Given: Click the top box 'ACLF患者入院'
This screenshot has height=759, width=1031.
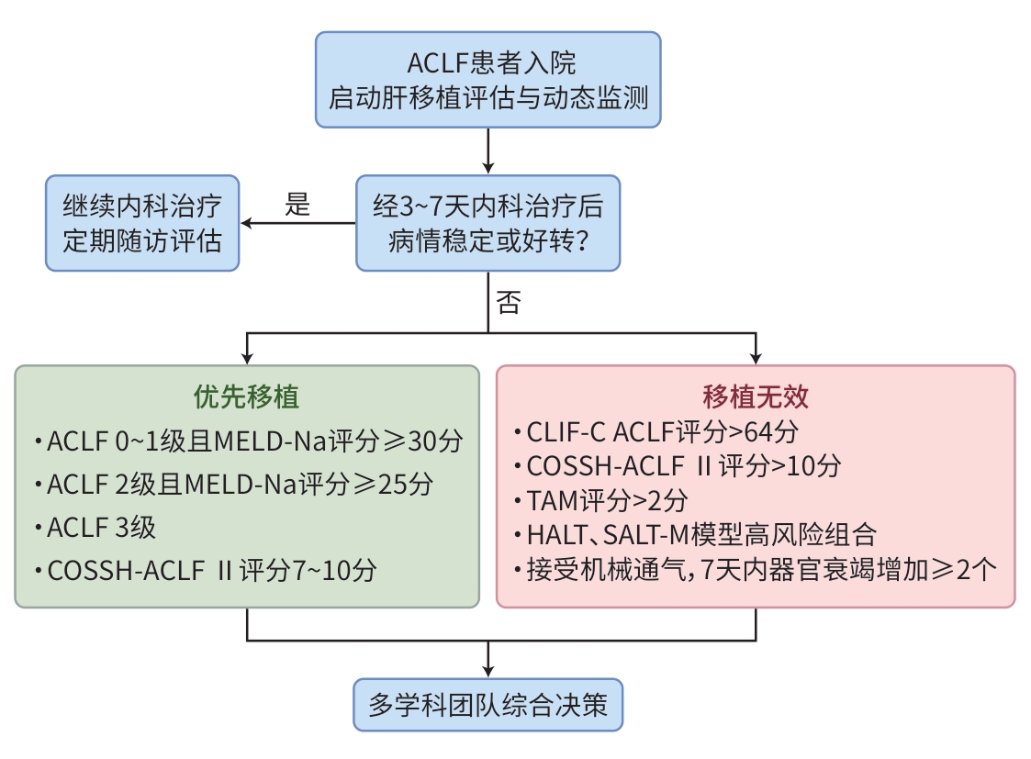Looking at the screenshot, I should tap(487, 80).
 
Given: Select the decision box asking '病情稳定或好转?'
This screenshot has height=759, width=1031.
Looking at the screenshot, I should tap(487, 223).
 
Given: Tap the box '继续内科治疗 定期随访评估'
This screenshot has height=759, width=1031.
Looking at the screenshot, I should tap(142, 223).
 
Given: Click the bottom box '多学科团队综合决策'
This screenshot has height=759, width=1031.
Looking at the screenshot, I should tap(487, 705).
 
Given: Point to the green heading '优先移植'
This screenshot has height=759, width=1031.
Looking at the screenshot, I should tap(246, 396).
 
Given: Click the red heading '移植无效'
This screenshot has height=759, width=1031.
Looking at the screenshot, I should tap(755, 396).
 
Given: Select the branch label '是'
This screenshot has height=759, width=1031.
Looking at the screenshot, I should tap(297, 205).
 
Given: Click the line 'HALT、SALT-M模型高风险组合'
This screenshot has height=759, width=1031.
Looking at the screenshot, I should tap(701, 534).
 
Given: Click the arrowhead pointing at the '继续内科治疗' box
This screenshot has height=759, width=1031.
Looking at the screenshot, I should tap(246, 223).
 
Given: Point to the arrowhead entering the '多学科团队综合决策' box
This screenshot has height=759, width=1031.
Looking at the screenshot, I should tap(487, 673).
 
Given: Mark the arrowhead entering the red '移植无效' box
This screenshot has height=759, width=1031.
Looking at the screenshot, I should tap(756, 359).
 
